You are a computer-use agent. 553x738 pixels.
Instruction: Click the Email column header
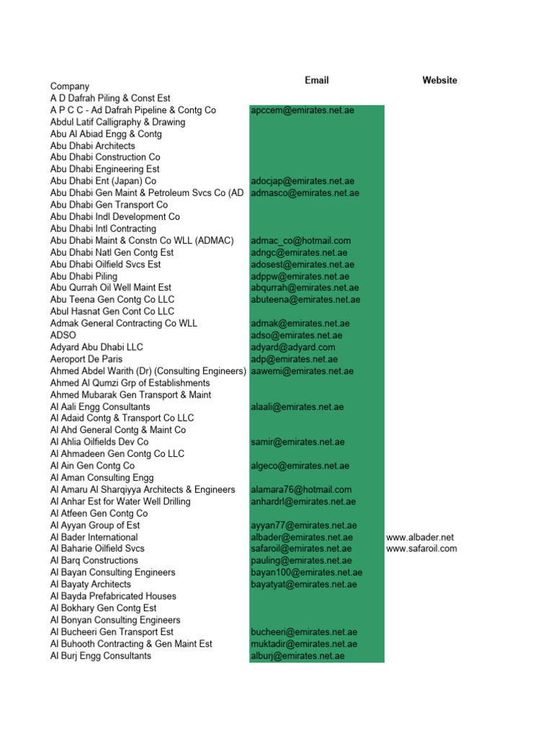(317, 80)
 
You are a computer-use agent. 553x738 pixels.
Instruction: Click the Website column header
(439, 80)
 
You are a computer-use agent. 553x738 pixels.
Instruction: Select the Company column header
(70, 86)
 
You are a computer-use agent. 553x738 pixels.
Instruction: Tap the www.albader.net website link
(420, 537)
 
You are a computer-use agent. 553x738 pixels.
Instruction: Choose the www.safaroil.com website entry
(421, 548)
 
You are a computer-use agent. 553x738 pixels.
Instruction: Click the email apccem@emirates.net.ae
(302, 110)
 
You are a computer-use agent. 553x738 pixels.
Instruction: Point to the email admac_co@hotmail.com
(301, 241)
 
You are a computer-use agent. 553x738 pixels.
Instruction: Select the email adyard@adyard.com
(293, 347)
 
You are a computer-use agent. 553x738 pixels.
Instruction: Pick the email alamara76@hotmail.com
(301, 489)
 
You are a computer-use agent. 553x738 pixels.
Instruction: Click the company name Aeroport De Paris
(86, 359)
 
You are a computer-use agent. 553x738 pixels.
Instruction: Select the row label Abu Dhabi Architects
(92, 146)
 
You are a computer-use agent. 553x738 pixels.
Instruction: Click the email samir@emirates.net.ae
(297, 442)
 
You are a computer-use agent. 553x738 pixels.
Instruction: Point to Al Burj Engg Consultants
(101, 656)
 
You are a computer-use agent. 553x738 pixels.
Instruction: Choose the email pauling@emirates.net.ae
(301, 561)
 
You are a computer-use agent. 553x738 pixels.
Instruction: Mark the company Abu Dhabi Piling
(84, 276)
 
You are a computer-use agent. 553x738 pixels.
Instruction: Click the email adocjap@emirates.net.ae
(302, 181)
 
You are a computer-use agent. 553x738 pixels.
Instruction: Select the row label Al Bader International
(94, 537)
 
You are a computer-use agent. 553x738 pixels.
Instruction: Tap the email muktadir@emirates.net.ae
(304, 644)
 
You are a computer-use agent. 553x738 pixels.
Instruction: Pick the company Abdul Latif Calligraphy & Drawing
(117, 122)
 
